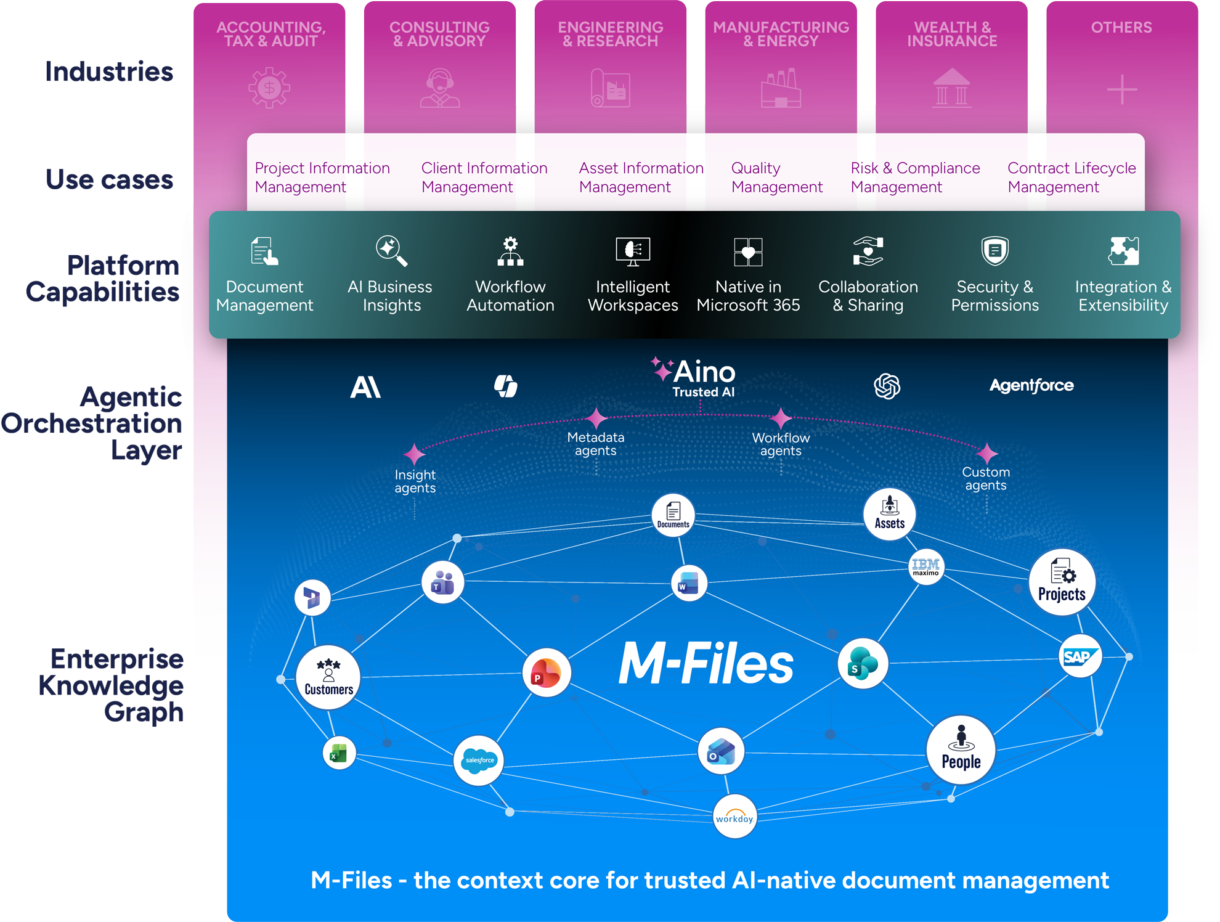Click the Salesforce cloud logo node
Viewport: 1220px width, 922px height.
(479, 760)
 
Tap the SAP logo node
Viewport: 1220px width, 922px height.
(1080, 656)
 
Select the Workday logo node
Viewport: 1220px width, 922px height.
(734, 817)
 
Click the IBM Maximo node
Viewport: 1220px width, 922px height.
(925, 567)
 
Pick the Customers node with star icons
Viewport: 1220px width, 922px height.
(328, 677)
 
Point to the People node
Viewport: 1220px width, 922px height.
(961, 749)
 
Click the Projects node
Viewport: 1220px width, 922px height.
(1062, 582)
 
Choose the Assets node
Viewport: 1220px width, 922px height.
(889, 514)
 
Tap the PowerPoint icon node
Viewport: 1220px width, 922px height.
(546, 672)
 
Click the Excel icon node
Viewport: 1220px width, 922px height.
(339, 753)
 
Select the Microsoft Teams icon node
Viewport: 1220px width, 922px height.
(442, 582)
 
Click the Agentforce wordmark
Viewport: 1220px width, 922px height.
(1031, 386)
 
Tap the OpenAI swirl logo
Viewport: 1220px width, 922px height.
(887, 386)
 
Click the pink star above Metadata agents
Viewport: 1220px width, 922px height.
(596, 418)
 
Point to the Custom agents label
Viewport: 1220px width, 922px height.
(986, 478)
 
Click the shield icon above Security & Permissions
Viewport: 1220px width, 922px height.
(994, 251)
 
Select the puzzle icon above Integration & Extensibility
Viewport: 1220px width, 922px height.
(1123, 251)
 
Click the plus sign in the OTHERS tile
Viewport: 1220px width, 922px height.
(1121, 90)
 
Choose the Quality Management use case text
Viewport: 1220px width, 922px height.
(776, 177)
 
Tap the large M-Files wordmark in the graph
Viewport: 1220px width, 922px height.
(706, 664)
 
